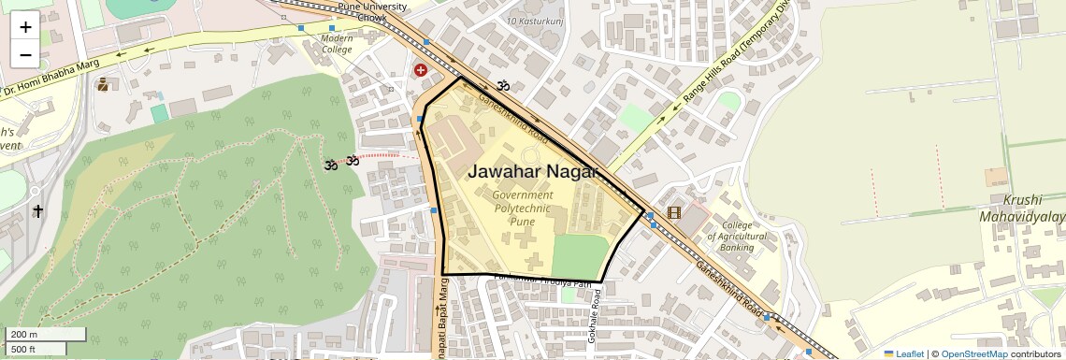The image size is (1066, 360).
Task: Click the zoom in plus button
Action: [25, 26]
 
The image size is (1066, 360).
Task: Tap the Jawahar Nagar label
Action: [532, 171]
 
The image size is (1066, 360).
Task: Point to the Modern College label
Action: [337, 44]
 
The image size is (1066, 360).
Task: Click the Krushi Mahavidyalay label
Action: [1033, 209]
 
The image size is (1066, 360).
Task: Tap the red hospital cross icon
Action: [421, 70]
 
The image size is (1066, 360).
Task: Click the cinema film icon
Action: [674, 213]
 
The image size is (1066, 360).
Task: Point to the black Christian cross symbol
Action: [38, 211]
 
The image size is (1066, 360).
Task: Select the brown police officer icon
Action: [102, 85]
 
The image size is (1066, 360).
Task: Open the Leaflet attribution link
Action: [903, 353]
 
